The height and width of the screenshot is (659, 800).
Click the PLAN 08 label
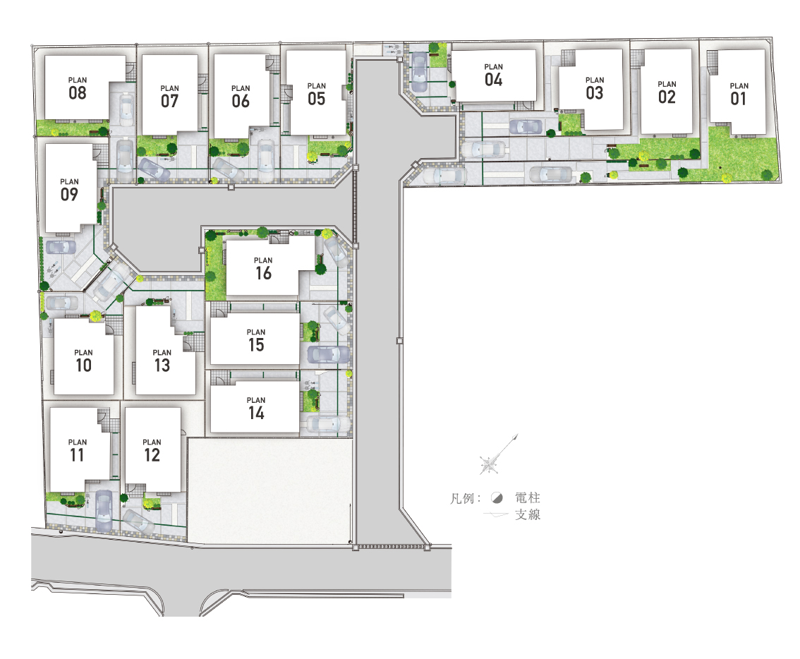78,89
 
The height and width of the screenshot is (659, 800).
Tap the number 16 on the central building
263,273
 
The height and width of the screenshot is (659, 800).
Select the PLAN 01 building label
739,95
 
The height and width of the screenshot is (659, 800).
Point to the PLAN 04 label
493,75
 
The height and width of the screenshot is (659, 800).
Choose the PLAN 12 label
152,451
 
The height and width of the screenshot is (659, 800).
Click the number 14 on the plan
256,413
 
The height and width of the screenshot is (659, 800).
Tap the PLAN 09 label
69,190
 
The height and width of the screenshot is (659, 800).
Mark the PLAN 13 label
162,361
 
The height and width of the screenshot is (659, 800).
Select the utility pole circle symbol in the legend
497,497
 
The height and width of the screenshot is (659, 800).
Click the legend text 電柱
528,497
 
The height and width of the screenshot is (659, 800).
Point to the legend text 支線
528,514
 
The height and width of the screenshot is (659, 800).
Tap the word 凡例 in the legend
463,498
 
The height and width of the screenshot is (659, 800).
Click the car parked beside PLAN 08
126,110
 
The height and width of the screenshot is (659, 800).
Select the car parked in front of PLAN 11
104,510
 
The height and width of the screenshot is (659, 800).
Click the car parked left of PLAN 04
419,72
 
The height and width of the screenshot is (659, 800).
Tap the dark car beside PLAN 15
328,354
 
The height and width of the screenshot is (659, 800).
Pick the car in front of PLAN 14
328,423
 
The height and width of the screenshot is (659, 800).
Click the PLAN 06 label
241,97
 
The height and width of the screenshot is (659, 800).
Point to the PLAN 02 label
667,92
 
